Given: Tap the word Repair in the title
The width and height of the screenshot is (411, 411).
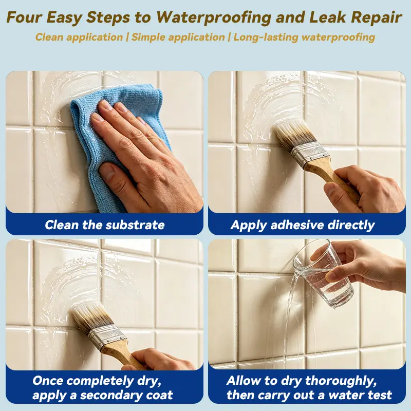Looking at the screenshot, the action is (376, 17).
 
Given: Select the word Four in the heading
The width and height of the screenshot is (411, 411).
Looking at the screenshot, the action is (24, 17).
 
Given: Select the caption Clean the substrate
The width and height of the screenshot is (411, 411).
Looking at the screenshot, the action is (105, 225).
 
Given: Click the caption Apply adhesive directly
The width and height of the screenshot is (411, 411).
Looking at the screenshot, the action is (303, 225).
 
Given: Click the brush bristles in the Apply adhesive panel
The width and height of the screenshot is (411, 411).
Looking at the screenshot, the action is (293, 136).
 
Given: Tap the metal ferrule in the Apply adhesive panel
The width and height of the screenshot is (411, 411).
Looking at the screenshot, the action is (309, 155).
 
